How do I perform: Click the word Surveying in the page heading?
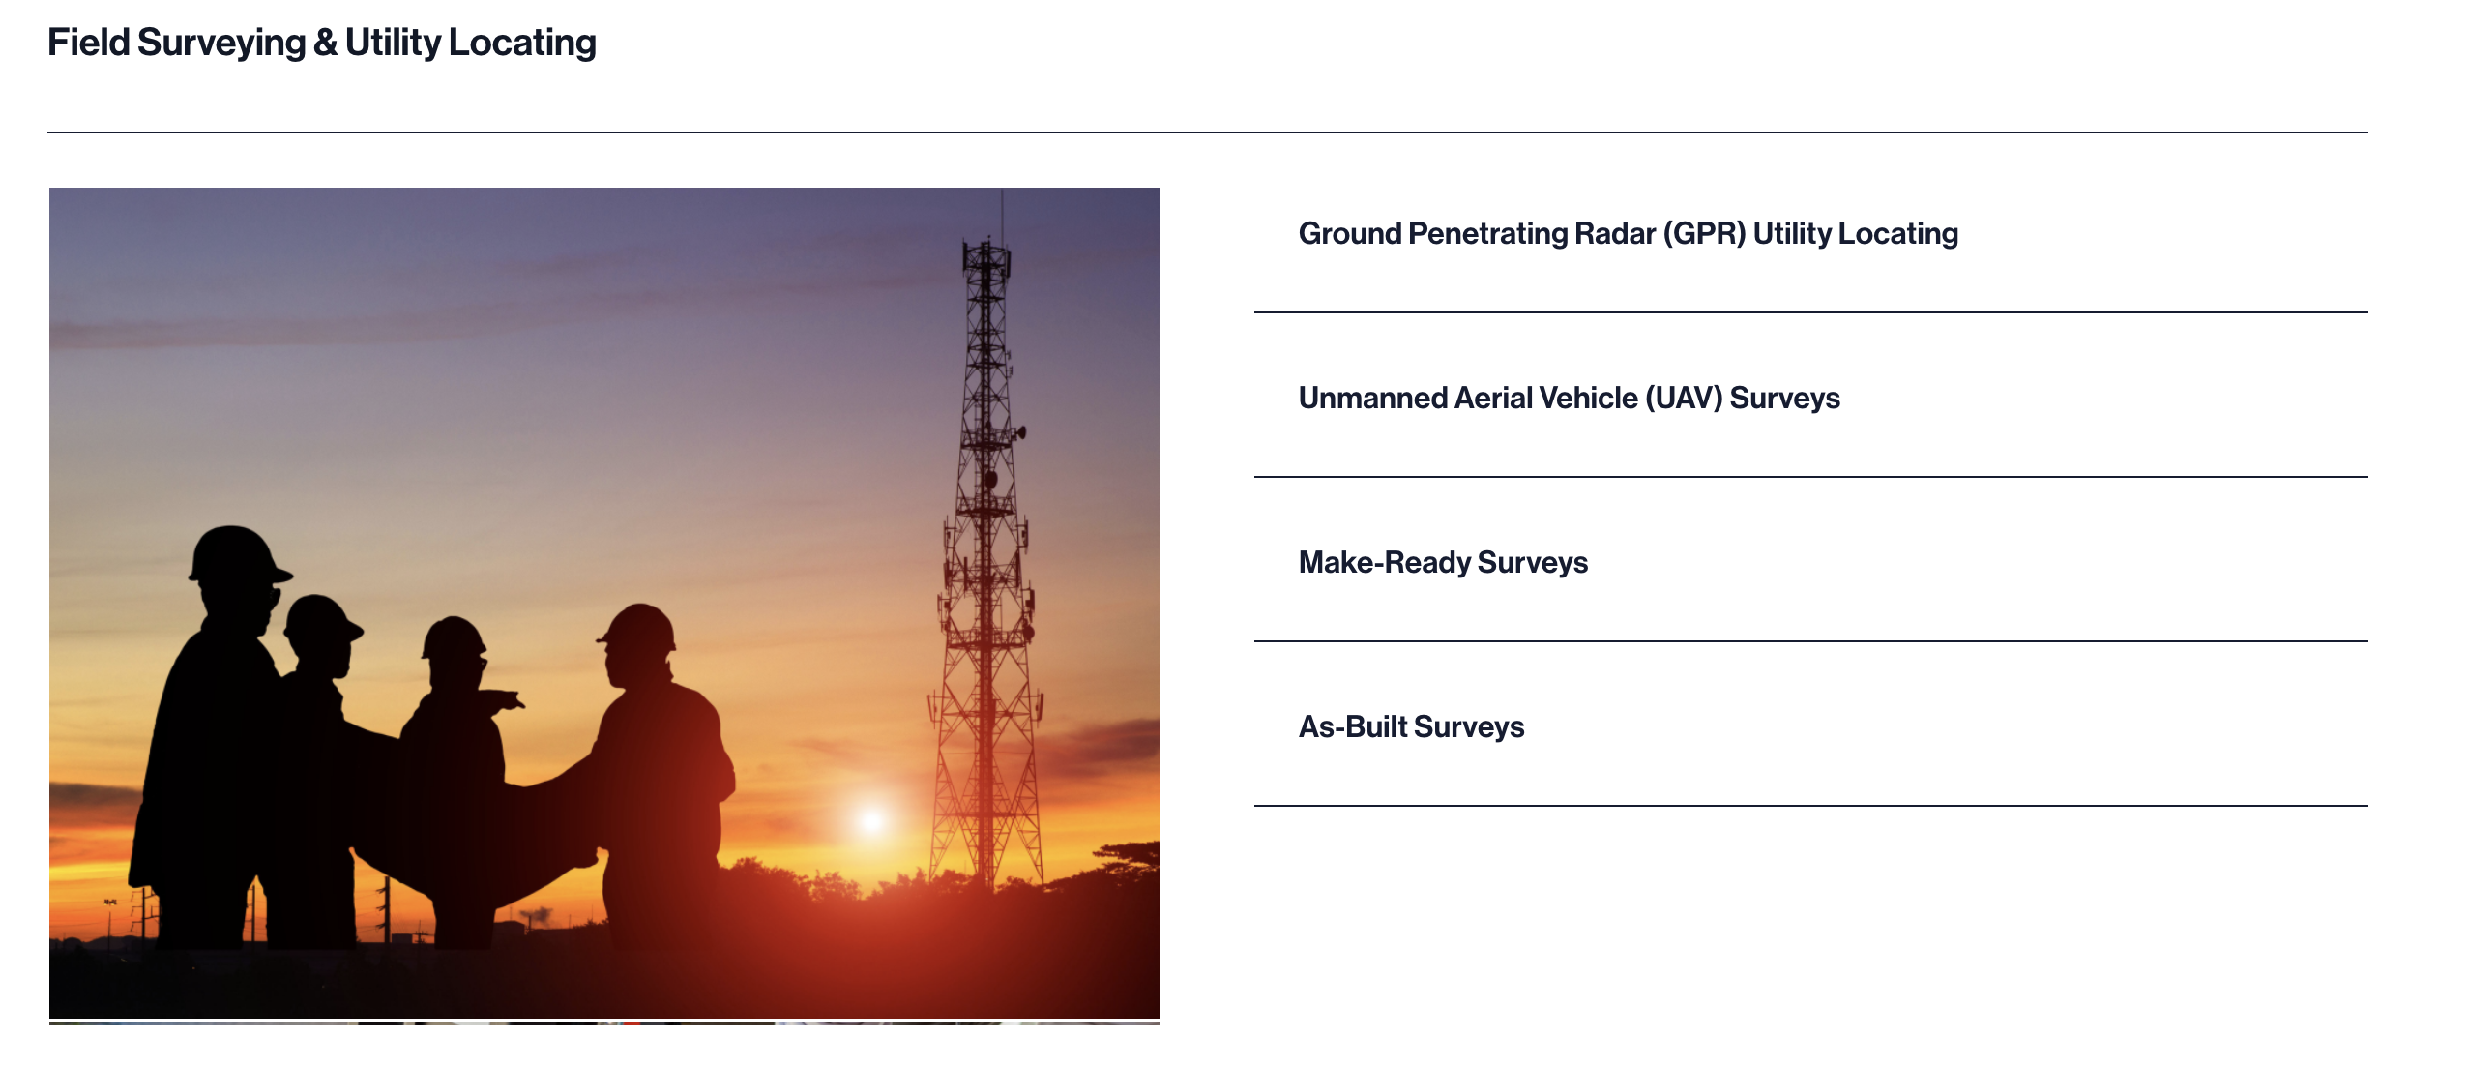point(221,44)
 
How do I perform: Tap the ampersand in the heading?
point(326,43)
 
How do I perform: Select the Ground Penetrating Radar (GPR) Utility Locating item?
point(1628,234)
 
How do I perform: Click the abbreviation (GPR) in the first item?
point(1704,234)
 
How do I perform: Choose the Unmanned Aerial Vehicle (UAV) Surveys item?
point(1569,399)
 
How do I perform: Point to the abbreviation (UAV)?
point(1684,399)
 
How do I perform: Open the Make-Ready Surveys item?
point(1443,563)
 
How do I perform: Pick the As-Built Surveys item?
point(1411,727)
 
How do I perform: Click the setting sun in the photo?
point(871,821)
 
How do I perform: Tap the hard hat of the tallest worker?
point(237,554)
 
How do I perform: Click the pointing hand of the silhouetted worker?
point(509,699)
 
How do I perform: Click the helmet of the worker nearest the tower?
point(638,626)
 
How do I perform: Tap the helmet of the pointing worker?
point(454,637)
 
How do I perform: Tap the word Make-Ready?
point(1385,563)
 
